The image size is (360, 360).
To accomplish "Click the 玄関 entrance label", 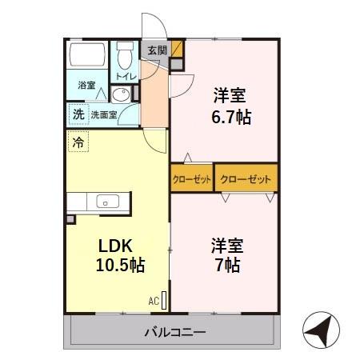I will click(157, 50).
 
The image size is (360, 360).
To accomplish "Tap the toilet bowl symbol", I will click(125, 57).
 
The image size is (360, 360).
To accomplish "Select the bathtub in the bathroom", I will click(88, 56).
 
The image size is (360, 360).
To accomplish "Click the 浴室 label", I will click(86, 85).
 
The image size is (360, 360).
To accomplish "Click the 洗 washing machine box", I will click(78, 114).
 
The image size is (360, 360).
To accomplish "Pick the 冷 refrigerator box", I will click(78, 144).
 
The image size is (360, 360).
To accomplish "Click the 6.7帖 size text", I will click(232, 118).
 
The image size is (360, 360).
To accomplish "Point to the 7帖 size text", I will click(228, 265).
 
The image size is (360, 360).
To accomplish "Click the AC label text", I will click(153, 301).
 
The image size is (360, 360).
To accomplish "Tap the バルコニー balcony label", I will click(175, 331).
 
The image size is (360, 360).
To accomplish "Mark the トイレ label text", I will click(126, 77).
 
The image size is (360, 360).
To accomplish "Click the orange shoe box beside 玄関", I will click(178, 50).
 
